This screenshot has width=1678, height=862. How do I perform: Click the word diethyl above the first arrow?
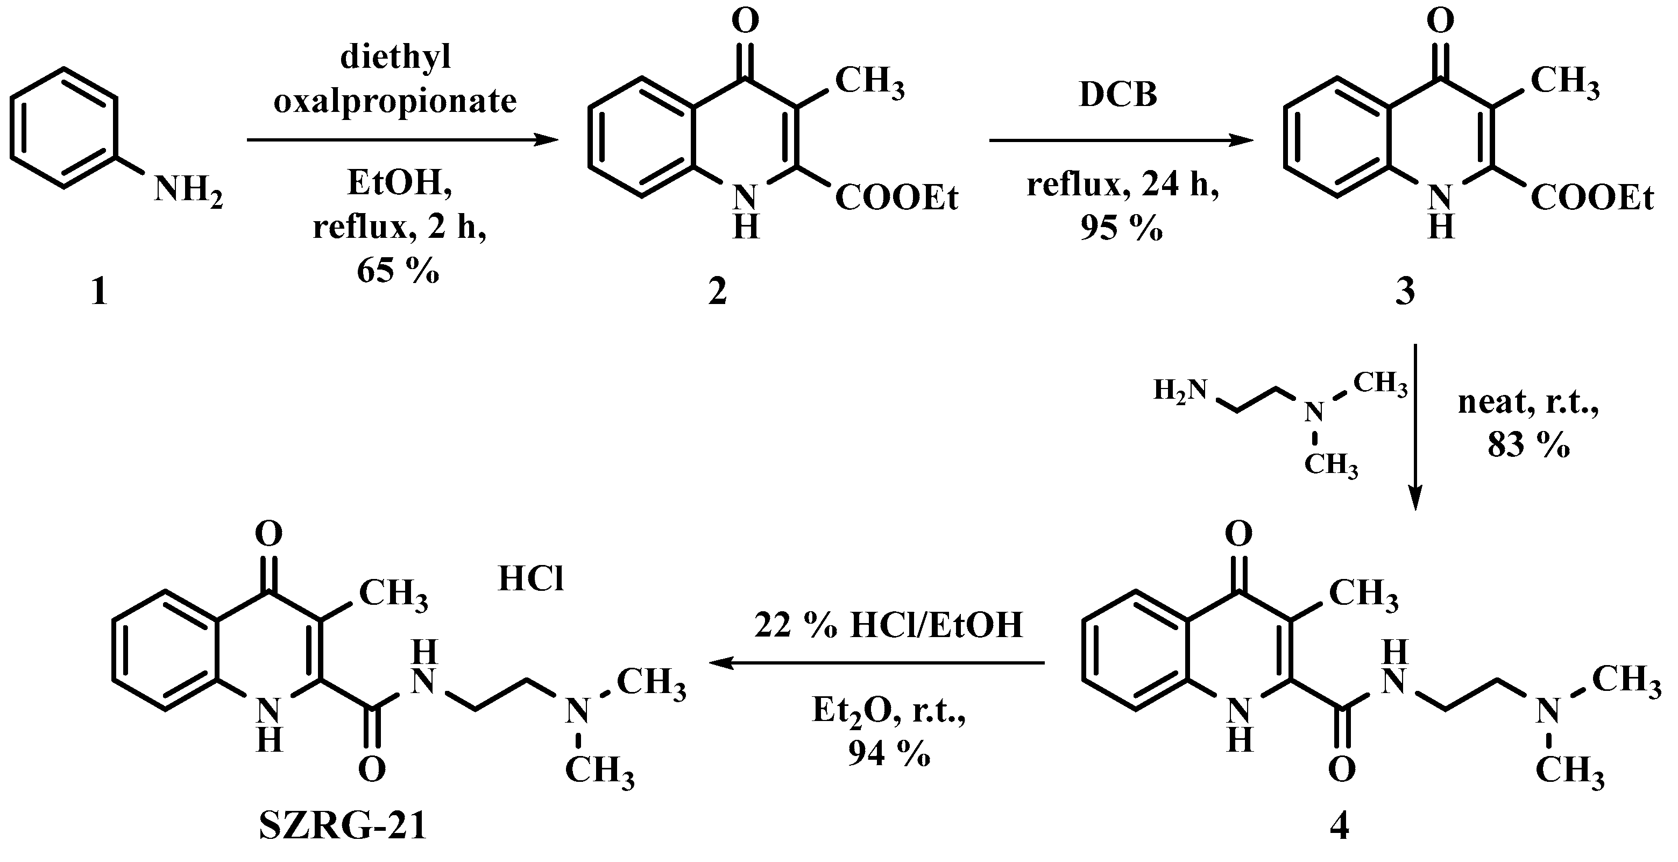coord(395,58)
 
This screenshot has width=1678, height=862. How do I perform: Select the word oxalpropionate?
coord(395,101)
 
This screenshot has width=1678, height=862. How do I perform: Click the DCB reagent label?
coord(1118,95)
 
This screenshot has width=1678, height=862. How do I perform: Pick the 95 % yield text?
coord(1122,228)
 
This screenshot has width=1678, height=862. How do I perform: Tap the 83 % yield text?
coord(1529,446)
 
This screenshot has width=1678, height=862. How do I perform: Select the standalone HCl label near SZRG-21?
coord(531,578)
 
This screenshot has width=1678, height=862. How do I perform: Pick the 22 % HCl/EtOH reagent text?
coord(889,625)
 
